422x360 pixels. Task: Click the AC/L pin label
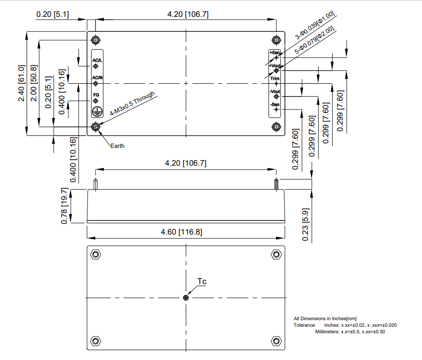pyautogui.click(x=97, y=60)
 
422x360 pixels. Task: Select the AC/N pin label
pyautogui.click(x=97, y=78)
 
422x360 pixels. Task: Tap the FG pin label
pyautogui.click(x=96, y=95)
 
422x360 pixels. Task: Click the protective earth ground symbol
pyautogui.click(x=97, y=111)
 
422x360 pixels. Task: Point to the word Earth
pyautogui.click(x=117, y=146)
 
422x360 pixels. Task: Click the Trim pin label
pyautogui.click(x=275, y=79)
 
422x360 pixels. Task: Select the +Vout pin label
pyautogui.click(x=275, y=66)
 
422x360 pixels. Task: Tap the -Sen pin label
pyautogui.click(x=275, y=104)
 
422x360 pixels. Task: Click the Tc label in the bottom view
pyautogui.click(x=202, y=281)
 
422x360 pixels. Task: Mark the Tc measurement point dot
pyautogui.click(x=186, y=298)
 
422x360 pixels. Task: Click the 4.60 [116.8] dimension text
pyautogui.click(x=182, y=232)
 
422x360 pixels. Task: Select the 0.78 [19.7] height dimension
pyautogui.click(x=64, y=206)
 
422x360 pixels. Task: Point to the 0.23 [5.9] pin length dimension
pyautogui.click(x=306, y=225)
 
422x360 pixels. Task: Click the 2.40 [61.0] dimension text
pyautogui.click(x=22, y=83)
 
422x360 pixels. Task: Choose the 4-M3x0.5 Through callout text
pyautogui.click(x=132, y=103)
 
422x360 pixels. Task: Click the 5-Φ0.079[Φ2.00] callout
pyautogui.click(x=314, y=40)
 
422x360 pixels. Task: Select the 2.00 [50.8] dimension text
pyautogui.click(x=34, y=83)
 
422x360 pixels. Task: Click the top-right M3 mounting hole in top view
pyautogui.click(x=276, y=40)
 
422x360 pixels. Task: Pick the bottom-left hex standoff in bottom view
pyautogui.click(x=95, y=341)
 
